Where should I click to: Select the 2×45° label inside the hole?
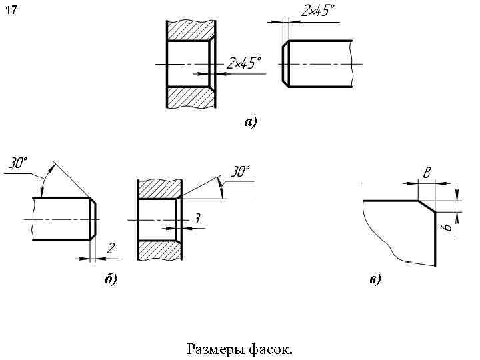point(243,63)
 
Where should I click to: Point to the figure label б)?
point(111,279)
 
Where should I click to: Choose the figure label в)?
point(375,279)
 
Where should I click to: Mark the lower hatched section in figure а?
point(191,96)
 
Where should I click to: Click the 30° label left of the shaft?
point(18,163)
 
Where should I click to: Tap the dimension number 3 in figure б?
point(197,218)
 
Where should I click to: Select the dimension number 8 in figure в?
point(426,173)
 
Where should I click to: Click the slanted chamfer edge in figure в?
point(426,206)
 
